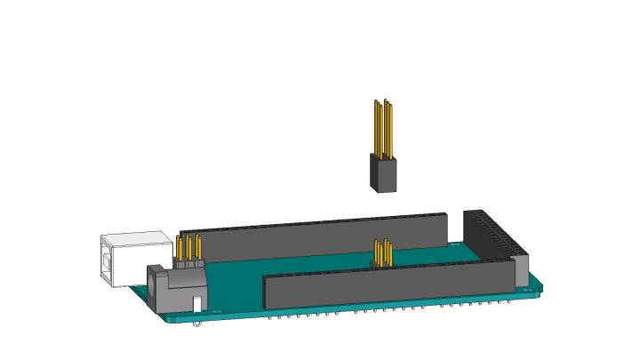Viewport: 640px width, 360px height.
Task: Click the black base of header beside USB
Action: pyautogui.click(x=188, y=264)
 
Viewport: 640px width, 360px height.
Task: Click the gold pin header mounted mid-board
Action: pyautogui.click(x=383, y=253)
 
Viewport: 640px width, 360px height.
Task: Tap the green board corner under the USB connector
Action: pyautogui.click(x=138, y=291)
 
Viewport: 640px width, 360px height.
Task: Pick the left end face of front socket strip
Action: pyautogui.click(x=267, y=292)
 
